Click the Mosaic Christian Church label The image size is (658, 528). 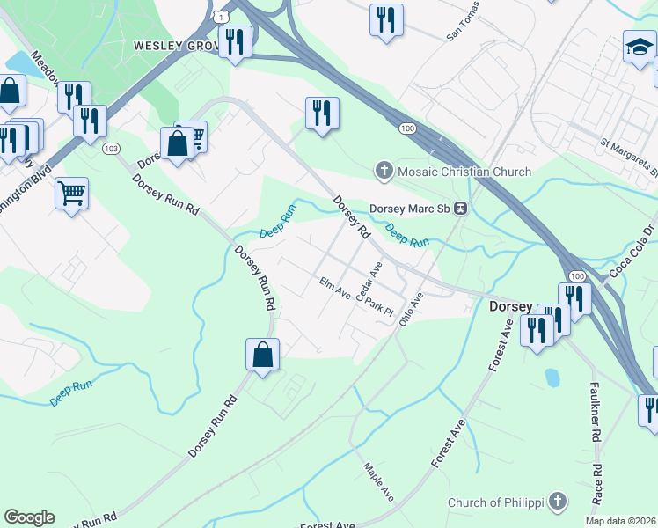click(x=464, y=172)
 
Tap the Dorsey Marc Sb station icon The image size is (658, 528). click(x=459, y=209)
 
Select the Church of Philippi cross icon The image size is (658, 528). click(x=555, y=502)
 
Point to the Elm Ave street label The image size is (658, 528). click(x=335, y=286)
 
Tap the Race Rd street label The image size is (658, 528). click(x=597, y=484)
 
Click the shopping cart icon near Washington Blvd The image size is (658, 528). click(x=71, y=192)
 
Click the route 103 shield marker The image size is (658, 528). click(x=111, y=149)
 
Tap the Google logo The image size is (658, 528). click(x=29, y=517)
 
